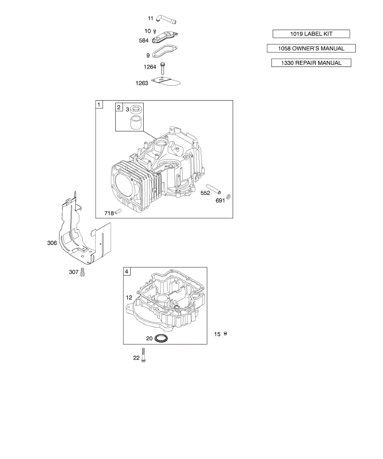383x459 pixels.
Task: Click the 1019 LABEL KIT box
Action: tap(311, 34)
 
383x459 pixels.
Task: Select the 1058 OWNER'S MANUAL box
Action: tap(311, 49)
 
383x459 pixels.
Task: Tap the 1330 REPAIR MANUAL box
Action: tap(311, 63)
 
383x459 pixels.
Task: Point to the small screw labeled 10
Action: tap(155, 31)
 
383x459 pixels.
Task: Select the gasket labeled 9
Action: tap(164, 51)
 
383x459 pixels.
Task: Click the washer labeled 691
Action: tap(229, 197)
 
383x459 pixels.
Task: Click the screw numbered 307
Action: tap(82, 272)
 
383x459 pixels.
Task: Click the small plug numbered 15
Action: tap(226, 334)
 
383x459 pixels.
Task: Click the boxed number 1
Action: tap(99, 104)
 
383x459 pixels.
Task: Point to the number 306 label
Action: tap(52, 243)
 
